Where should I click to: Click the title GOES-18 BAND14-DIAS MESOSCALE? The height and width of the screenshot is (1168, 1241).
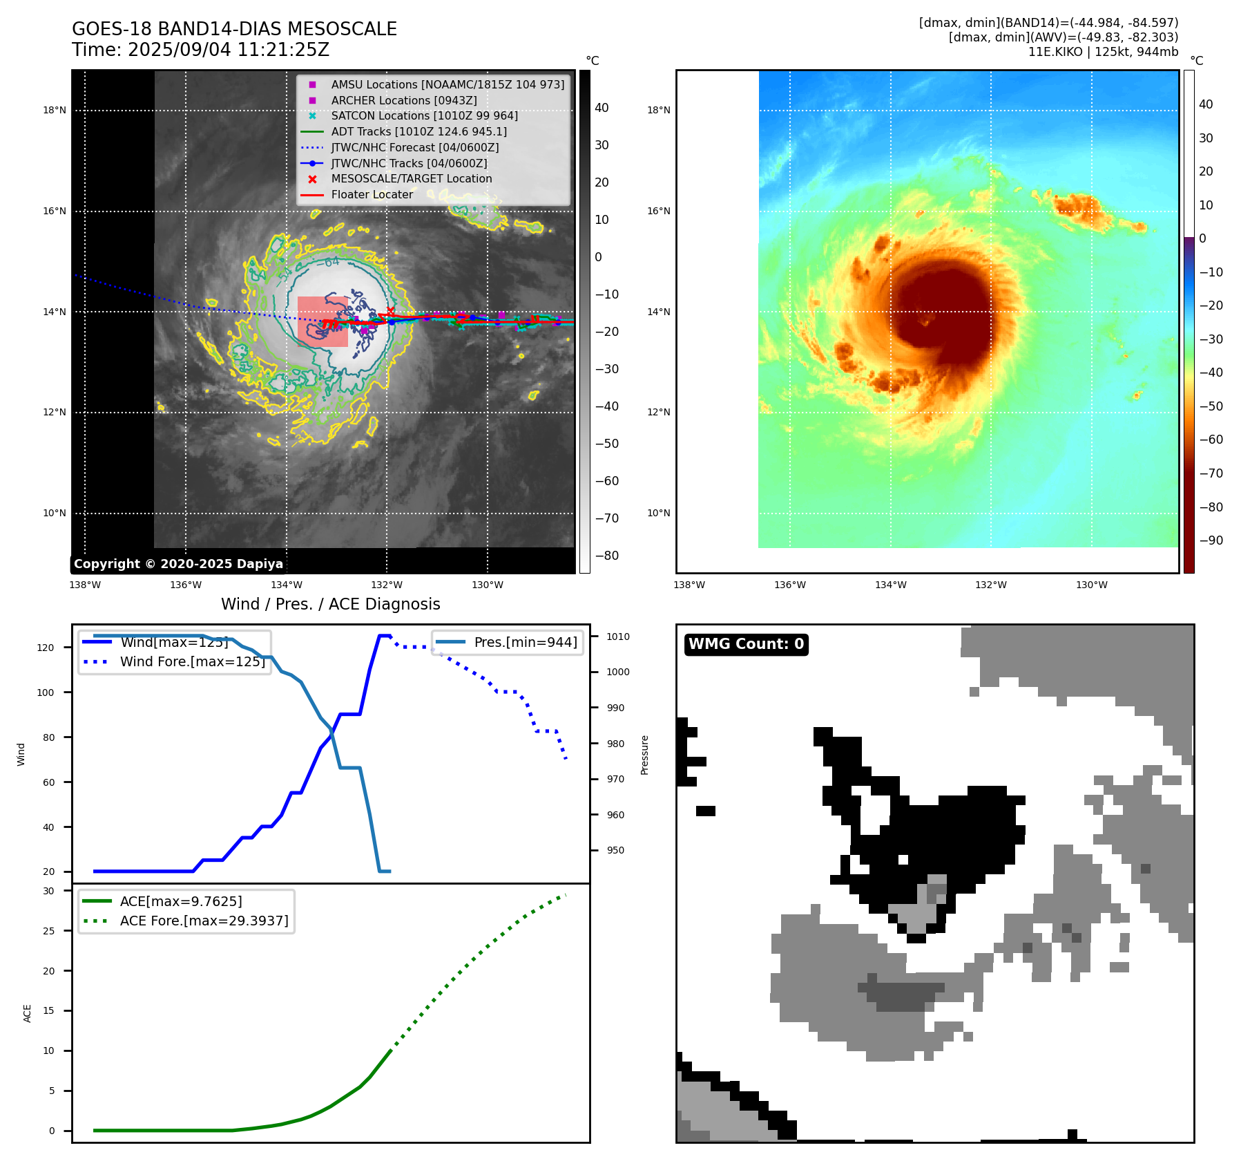coord(234,29)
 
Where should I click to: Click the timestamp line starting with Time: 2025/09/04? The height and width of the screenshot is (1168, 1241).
coord(200,50)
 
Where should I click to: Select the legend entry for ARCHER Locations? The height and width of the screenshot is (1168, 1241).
coord(403,100)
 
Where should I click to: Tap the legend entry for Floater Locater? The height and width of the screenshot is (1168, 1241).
coord(372,195)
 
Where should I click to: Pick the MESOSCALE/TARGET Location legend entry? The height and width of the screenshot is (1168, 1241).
coord(411,179)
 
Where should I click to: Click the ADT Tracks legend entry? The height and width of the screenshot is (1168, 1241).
coord(419,131)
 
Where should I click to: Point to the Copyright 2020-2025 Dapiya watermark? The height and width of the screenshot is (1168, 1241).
coord(178,564)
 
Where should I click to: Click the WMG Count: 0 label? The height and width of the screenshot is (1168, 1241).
coord(746,644)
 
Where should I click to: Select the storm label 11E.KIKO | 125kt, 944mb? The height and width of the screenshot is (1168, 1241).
coord(1103,52)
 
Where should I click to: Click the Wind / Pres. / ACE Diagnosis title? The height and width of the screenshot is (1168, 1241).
coord(330,604)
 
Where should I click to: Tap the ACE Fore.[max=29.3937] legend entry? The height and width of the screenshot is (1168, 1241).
coord(204,921)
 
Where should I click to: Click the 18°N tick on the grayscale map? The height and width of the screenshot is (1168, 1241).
coord(55,110)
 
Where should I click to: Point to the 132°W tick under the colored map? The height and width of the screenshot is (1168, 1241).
coord(990,585)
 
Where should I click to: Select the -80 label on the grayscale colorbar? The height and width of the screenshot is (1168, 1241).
coord(606,556)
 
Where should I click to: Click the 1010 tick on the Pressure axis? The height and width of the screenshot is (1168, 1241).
coord(618,637)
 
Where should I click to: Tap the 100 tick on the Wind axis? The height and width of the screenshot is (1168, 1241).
coord(46,693)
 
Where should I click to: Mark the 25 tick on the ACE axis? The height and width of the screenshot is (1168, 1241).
coord(48,931)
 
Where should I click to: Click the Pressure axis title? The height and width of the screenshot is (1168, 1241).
coord(644,755)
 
